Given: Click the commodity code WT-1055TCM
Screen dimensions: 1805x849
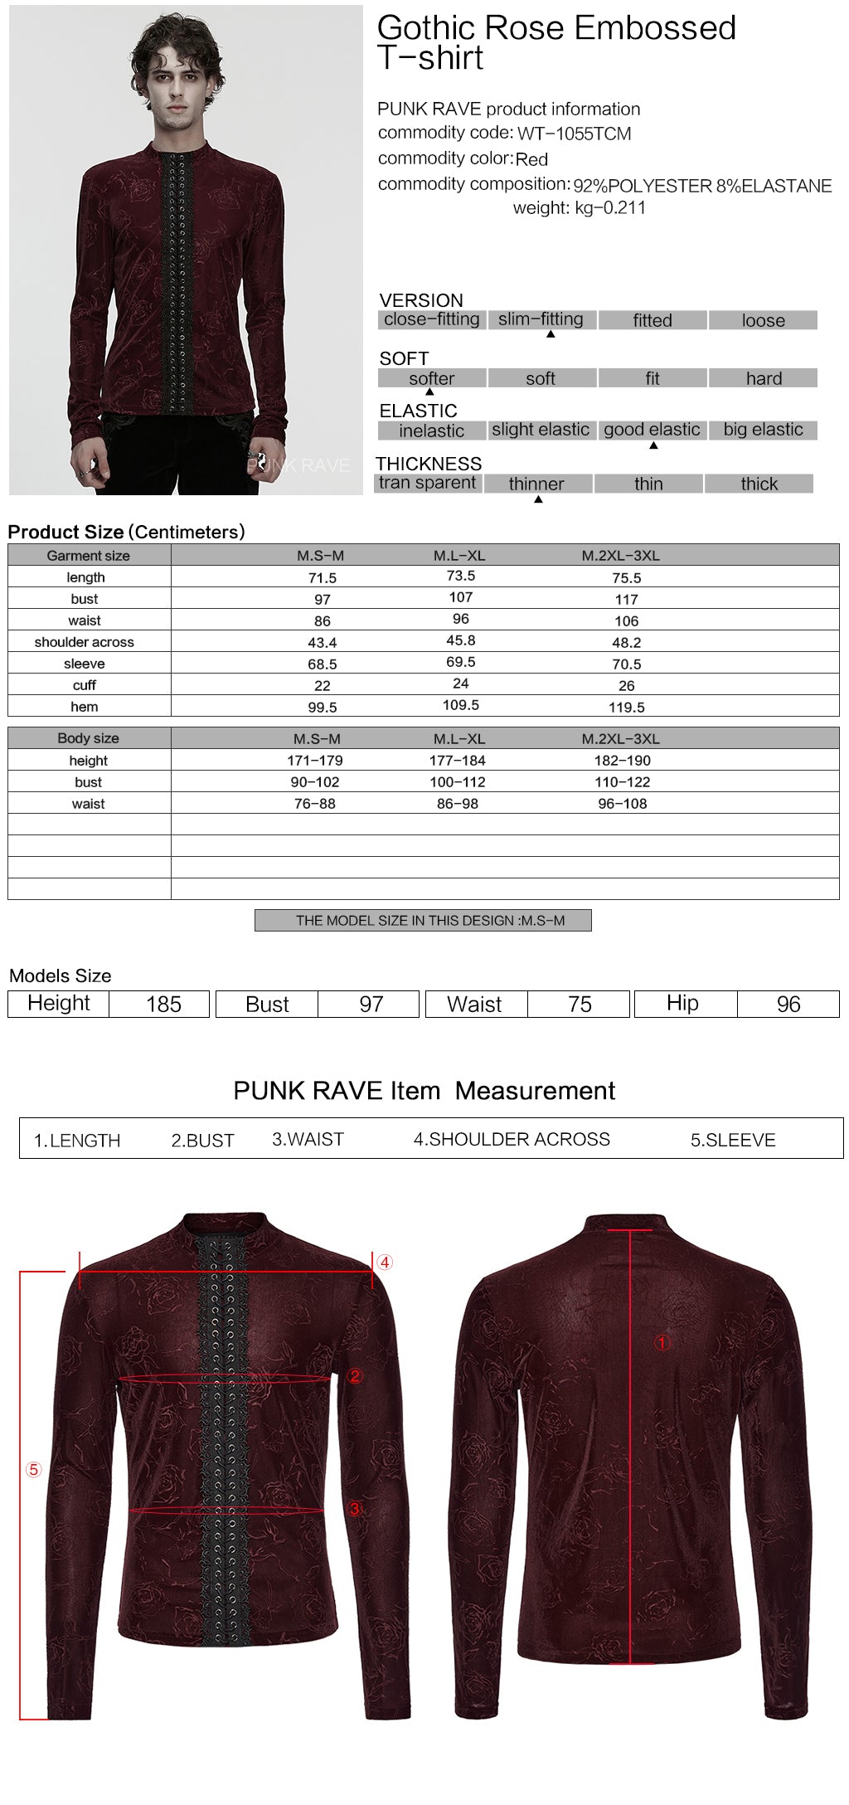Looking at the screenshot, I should click(x=574, y=134).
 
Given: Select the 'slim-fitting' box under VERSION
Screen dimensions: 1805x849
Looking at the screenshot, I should click(x=541, y=319).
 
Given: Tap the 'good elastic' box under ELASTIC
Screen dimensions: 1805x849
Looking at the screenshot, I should click(x=652, y=430).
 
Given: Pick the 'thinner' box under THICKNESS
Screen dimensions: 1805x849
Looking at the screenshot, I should click(x=536, y=484).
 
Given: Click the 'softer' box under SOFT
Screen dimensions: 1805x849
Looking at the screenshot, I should click(x=432, y=378).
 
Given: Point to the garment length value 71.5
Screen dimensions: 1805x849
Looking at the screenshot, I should click(x=323, y=578).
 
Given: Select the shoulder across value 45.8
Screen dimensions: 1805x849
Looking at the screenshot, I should click(x=461, y=641).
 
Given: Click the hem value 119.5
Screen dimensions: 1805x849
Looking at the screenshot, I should click(x=627, y=708).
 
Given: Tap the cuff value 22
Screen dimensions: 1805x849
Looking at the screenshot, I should click(x=323, y=686).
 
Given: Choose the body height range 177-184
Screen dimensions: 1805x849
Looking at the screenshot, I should click(x=458, y=761).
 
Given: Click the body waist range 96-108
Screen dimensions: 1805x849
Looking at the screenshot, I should click(x=623, y=804).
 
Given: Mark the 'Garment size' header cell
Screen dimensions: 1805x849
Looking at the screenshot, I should click(x=89, y=556).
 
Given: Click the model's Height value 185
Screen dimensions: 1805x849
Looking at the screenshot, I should click(x=163, y=1005).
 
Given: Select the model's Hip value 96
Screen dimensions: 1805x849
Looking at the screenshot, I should click(x=788, y=1005).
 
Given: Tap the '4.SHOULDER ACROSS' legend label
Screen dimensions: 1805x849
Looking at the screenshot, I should click(x=512, y=1140).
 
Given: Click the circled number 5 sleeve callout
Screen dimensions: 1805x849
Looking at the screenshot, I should click(x=34, y=1470).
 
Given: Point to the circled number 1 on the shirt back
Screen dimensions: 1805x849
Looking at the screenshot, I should click(x=662, y=1343).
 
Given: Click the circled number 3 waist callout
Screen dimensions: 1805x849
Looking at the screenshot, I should click(x=355, y=1509).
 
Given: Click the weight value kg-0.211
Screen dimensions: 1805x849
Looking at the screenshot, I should click(x=610, y=208).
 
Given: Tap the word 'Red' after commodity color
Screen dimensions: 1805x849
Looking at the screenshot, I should click(x=531, y=159).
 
